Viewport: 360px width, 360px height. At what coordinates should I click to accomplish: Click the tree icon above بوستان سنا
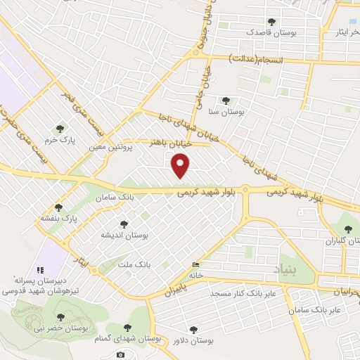(225, 101)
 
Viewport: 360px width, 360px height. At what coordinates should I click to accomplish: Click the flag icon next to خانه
(195, 265)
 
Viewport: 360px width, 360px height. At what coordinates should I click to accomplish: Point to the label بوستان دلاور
(193, 340)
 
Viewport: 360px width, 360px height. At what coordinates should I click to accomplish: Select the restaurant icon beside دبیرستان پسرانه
(40, 269)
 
